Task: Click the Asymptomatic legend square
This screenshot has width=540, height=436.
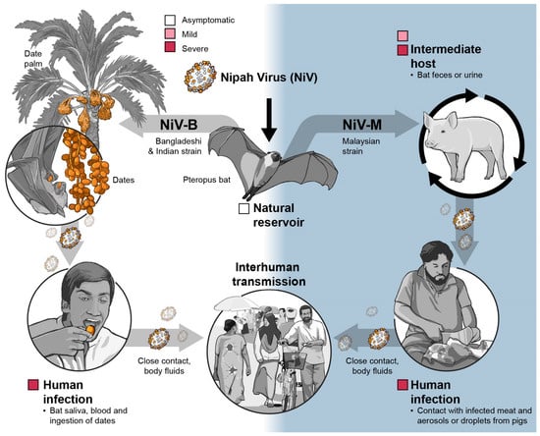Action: pyautogui.click(x=170, y=20)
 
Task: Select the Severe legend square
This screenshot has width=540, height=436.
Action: pyautogui.click(x=170, y=47)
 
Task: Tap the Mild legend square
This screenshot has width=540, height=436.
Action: pyautogui.click(x=170, y=33)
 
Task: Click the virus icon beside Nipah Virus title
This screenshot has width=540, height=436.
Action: pyautogui.click(x=200, y=77)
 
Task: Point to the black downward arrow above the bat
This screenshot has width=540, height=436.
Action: pyautogui.click(x=269, y=120)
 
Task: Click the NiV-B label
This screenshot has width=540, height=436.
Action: pyautogui.click(x=179, y=125)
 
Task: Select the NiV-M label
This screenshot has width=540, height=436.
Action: pyautogui.click(x=362, y=125)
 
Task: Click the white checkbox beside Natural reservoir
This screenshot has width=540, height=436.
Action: pyautogui.click(x=243, y=209)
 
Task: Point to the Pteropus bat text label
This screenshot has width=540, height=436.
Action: pyautogui.click(x=206, y=180)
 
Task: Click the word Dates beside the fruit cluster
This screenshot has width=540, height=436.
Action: pyautogui.click(x=124, y=180)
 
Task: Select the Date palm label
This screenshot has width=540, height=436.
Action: pyautogui.click(x=33, y=59)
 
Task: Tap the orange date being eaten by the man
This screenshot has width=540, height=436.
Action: pyautogui.click(x=90, y=330)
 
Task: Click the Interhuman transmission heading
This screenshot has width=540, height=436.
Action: pyautogui.click(x=269, y=274)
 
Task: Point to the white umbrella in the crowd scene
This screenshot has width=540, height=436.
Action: pyautogui.click(x=236, y=303)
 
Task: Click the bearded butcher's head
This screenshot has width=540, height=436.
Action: pyautogui.click(x=437, y=262)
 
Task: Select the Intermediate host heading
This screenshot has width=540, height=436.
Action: pyautogui.click(x=446, y=56)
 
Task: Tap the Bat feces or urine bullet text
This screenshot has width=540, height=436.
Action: pyautogui.click(x=447, y=75)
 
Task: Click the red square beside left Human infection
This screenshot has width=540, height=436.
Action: pyautogui.click(x=33, y=385)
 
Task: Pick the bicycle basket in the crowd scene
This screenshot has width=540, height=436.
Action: pyautogui.click(x=295, y=360)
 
